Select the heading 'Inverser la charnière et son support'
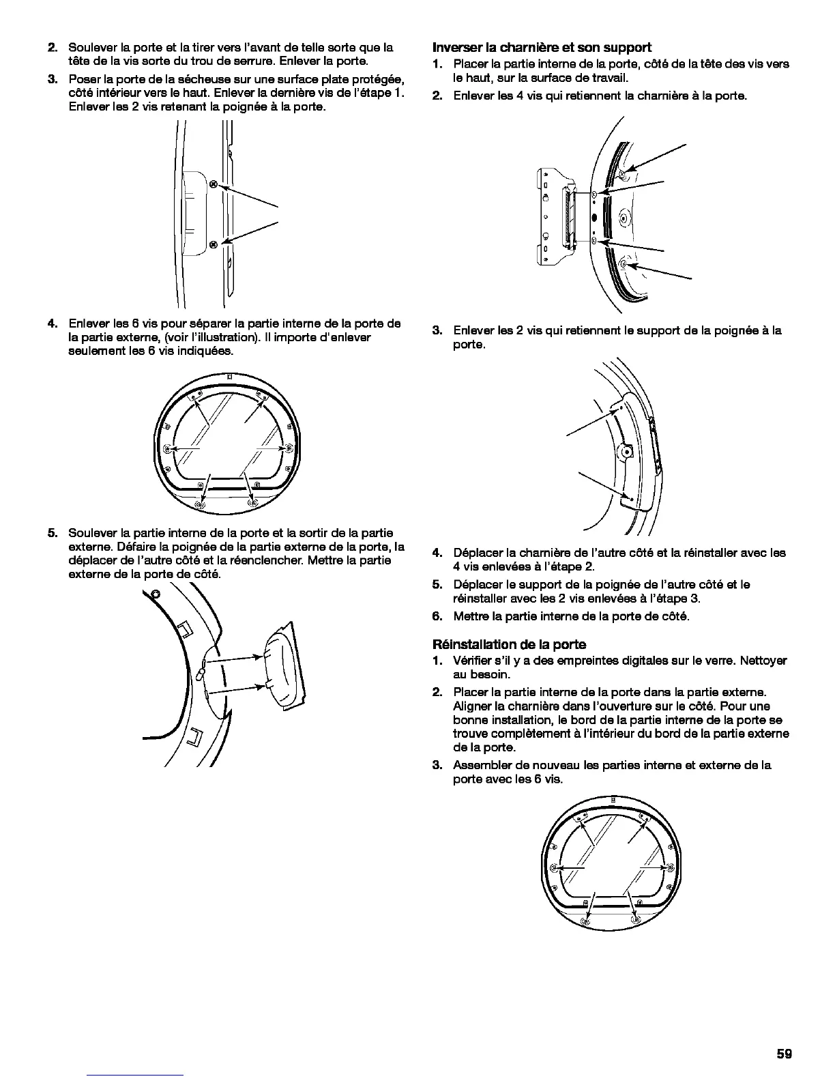point(542,47)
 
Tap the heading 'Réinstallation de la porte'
point(510,644)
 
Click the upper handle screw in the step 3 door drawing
point(213,184)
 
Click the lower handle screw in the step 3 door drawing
point(213,244)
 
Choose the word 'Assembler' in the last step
point(481,765)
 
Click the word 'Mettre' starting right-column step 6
point(471,616)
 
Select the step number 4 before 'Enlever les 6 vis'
point(52,323)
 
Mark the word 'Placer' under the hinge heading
point(470,63)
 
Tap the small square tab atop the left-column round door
point(230,376)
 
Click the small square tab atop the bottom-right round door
point(614,798)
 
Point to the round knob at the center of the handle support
point(625,451)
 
